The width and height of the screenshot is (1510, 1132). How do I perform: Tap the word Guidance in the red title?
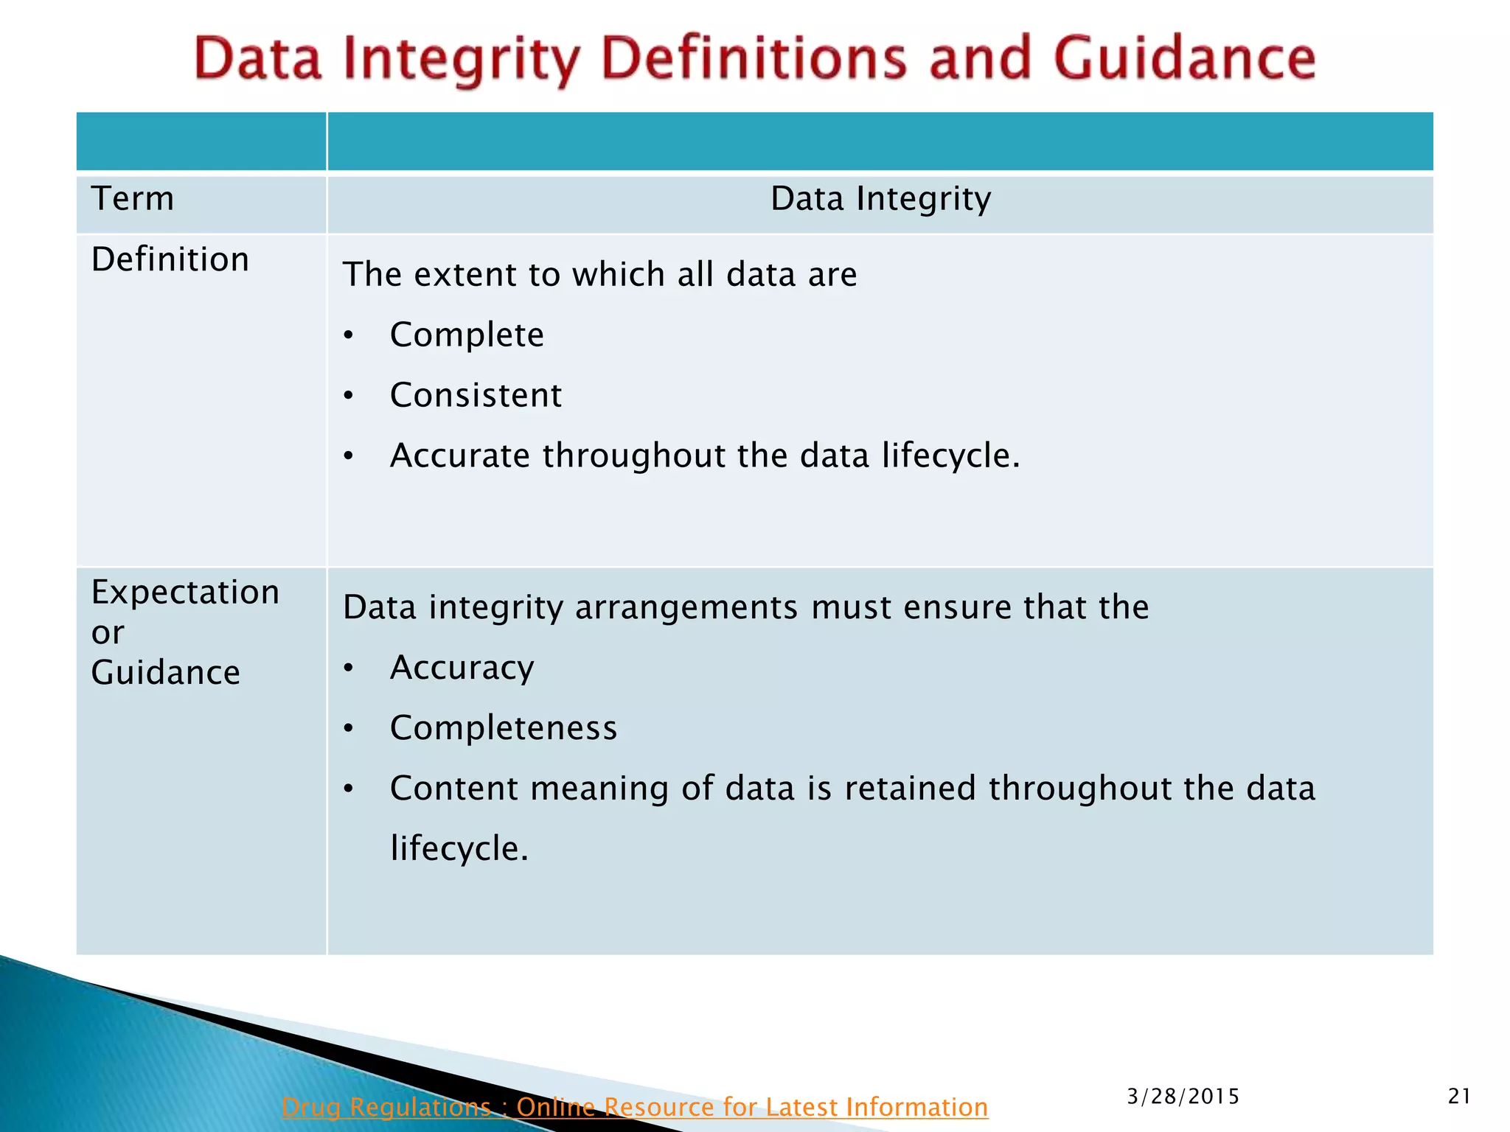coord(1185,59)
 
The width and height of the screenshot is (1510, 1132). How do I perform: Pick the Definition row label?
coord(170,259)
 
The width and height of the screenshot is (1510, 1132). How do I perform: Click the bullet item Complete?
coord(467,335)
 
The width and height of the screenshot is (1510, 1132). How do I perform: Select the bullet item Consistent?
coord(476,396)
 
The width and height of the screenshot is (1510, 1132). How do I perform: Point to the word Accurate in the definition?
coord(459,455)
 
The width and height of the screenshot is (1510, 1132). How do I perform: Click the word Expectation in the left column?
coord(185,593)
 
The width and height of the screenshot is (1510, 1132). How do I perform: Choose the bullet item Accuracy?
coord(462,668)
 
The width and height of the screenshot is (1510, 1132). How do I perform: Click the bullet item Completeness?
coord(504,728)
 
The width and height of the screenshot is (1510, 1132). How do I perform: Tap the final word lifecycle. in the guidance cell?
coord(459,849)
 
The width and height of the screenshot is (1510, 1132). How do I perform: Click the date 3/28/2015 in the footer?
coord(1183,1097)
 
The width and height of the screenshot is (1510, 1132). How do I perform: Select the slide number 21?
coord(1459,1097)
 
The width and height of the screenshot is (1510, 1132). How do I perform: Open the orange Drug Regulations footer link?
coord(634,1107)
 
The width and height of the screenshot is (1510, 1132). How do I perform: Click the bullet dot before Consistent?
coord(349,396)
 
